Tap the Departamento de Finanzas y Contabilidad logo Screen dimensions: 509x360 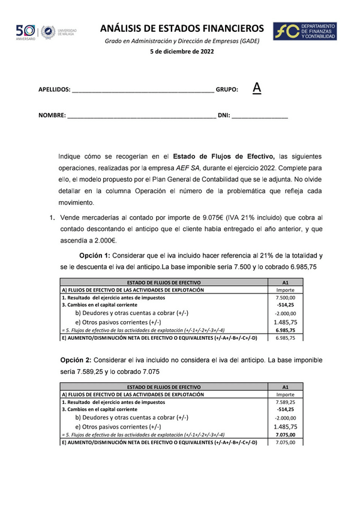(304, 32)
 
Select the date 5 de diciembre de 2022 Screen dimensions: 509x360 (181, 52)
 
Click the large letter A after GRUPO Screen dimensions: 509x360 (257, 88)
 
